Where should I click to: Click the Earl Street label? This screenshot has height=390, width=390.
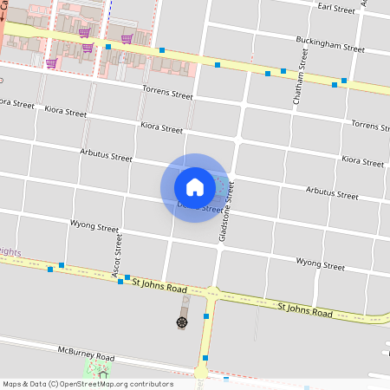337,9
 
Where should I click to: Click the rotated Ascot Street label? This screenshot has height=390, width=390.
112,251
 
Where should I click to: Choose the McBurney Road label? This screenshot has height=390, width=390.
87,356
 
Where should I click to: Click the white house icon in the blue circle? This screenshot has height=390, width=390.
194,186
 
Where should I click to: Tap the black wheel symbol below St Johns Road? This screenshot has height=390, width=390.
182,322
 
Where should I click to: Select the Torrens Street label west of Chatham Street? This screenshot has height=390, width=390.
168,94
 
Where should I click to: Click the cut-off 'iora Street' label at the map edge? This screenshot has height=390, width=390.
16,104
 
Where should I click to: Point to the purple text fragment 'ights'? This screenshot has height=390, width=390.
10,252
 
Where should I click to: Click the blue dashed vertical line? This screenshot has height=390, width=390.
111,9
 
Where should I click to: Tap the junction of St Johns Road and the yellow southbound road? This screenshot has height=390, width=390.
211,294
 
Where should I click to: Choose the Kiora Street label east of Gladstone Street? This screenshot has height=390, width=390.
362,161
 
